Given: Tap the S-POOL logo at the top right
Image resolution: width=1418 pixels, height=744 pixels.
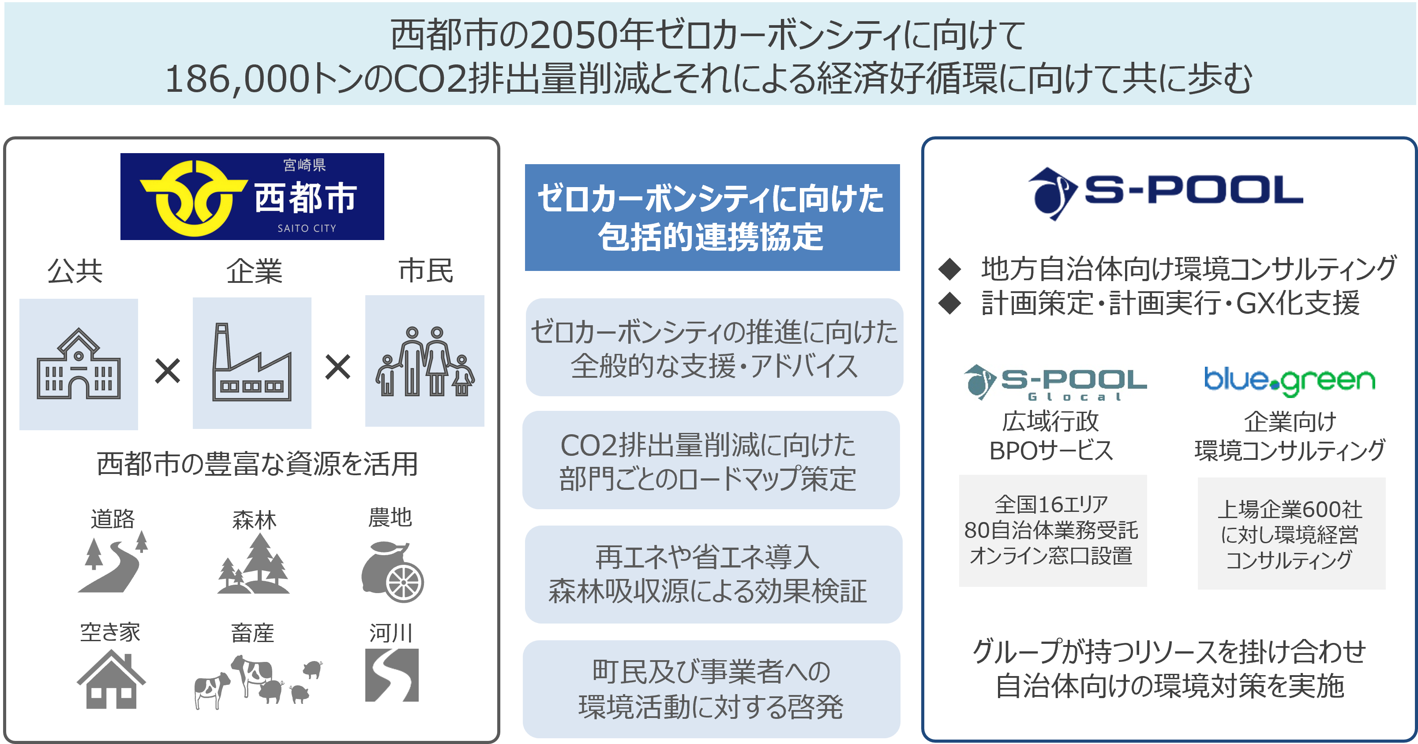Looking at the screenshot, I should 1165,194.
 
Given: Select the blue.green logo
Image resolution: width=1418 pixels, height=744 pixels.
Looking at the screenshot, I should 1290,381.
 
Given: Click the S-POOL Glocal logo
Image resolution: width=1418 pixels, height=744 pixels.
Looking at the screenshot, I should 1055,382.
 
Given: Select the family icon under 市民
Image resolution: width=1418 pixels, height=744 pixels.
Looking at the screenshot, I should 424,361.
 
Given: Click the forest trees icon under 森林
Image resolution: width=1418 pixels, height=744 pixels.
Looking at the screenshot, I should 254,564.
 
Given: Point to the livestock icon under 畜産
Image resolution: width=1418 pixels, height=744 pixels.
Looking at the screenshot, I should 256,680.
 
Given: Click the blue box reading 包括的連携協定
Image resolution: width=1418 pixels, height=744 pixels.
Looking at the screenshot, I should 712,218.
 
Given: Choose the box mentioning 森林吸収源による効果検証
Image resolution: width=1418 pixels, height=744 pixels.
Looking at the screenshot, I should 713,575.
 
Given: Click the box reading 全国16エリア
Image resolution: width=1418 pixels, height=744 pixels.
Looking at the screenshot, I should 1053,530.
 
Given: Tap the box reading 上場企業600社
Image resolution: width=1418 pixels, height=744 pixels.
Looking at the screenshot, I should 1291,533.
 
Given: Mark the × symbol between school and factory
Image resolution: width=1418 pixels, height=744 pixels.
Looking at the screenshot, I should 167,371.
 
